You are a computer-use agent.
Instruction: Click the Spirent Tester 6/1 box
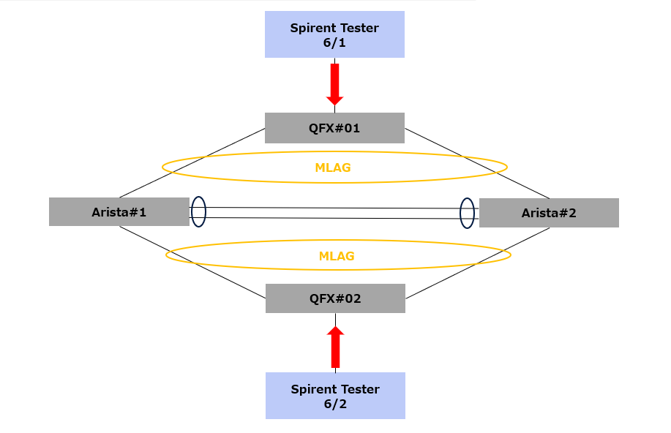(x=334, y=34)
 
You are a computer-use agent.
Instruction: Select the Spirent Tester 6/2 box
(x=334, y=396)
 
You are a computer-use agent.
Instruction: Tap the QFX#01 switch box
(x=334, y=128)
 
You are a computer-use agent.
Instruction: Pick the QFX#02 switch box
(x=334, y=298)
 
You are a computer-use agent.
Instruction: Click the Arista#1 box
(x=119, y=212)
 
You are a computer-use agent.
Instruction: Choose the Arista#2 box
(x=549, y=213)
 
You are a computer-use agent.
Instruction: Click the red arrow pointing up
(x=335, y=347)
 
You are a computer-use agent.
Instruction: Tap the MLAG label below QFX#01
(x=333, y=167)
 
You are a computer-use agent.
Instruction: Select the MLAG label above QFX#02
(x=337, y=256)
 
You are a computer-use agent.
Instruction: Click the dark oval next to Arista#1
(x=198, y=211)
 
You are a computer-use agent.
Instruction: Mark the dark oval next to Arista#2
(x=467, y=213)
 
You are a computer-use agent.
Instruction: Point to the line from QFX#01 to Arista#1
(x=192, y=163)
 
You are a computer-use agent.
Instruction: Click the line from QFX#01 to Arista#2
(x=477, y=163)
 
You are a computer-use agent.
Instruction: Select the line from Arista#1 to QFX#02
(x=192, y=262)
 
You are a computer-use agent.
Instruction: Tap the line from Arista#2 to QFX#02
(x=477, y=262)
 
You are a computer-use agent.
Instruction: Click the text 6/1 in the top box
(x=334, y=42)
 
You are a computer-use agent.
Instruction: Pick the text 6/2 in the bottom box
(x=335, y=404)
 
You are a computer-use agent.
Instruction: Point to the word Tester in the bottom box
(x=360, y=389)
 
